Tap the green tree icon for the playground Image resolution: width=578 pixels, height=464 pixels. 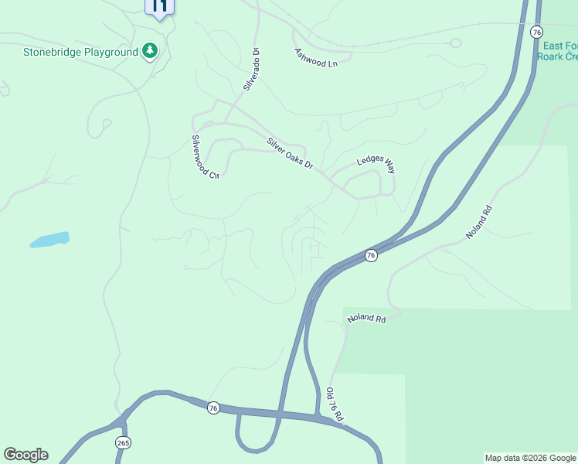[150, 52]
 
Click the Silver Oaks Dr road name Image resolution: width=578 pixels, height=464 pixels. [290, 153]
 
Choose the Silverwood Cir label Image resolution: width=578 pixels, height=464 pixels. [206, 157]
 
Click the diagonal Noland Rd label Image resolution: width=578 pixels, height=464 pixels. [479, 222]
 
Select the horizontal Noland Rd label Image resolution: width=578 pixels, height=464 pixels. [366, 319]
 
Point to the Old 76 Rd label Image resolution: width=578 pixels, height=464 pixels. [335, 404]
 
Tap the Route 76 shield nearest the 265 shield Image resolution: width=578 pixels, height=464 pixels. [213, 408]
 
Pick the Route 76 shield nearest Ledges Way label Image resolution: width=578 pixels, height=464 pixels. [371, 255]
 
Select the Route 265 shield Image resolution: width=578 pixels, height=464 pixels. [123, 442]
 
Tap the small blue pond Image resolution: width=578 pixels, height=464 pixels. [50, 240]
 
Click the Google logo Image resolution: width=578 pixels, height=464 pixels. [25, 455]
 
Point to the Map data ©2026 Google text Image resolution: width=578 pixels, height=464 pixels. [530, 458]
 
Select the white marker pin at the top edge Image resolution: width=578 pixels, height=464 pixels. [159, 8]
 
